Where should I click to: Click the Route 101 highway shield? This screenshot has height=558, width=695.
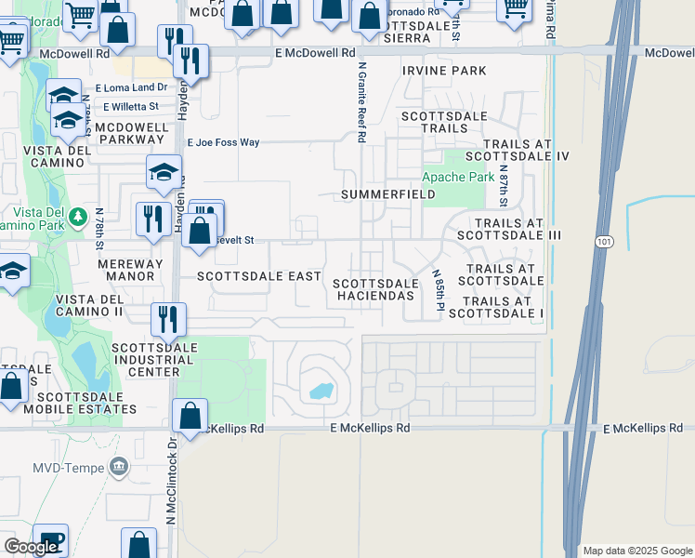click(601, 241)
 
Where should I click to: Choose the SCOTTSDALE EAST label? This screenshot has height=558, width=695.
click(259, 277)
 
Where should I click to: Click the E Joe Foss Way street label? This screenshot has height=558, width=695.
click(223, 142)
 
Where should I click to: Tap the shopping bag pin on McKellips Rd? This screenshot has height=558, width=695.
click(190, 416)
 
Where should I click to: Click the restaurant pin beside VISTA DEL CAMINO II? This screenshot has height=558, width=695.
click(168, 317)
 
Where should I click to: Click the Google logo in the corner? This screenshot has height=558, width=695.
click(31, 547)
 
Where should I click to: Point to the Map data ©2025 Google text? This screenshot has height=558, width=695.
click(636, 551)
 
